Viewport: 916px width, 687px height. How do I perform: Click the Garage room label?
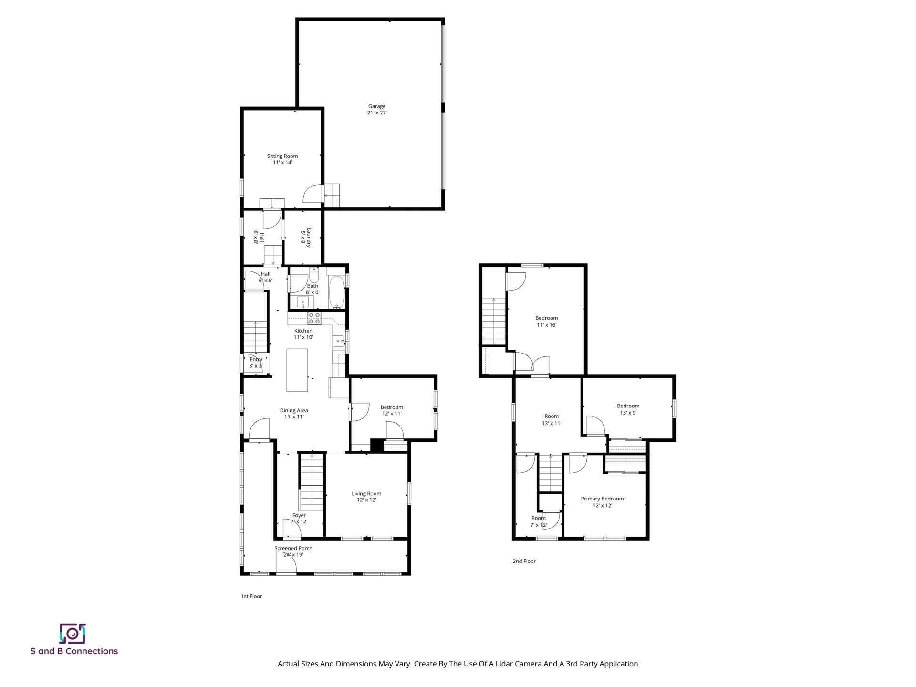click(x=376, y=110)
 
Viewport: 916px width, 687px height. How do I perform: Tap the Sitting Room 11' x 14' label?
click(x=282, y=159)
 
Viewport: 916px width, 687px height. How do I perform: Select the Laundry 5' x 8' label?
click(x=305, y=237)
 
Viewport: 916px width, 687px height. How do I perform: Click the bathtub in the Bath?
click(x=337, y=292)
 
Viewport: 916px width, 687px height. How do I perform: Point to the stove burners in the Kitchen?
click(x=314, y=318)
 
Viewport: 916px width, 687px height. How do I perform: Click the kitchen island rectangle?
click(x=297, y=370)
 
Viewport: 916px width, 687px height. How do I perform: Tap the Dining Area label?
click(x=293, y=413)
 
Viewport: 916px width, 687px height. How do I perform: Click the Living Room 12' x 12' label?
click(x=366, y=497)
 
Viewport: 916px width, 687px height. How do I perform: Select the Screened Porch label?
click(x=293, y=552)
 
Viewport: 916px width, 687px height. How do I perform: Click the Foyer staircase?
click(x=312, y=482)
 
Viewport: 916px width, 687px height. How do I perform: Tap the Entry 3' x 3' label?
click(x=256, y=363)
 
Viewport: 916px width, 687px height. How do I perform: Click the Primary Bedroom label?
click(x=602, y=502)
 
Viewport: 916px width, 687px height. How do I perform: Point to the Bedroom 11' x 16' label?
click(x=546, y=321)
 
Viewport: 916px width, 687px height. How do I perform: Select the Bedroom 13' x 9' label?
click(x=628, y=409)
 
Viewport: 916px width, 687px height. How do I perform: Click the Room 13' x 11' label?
click(x=552, y=419)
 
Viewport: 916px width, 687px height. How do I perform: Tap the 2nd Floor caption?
click(x=524, y=561)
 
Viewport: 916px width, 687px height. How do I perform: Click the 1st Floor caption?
click(x=251, y=596)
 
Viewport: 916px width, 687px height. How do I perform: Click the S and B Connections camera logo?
click(x=73, y=634)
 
